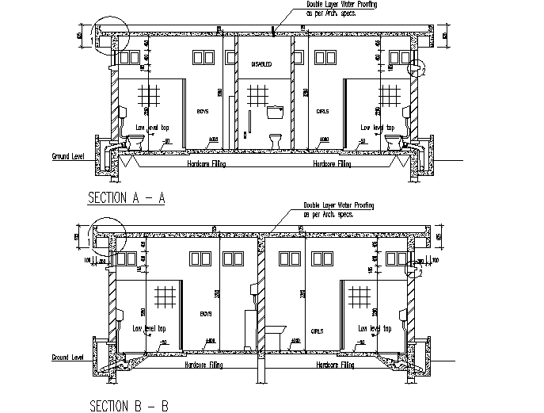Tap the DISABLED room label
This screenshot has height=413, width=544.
pos(261,64)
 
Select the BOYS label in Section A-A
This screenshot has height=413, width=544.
pos(204,113)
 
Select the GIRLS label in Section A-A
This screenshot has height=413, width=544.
pos(322,113)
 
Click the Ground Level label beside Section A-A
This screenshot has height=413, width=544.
pos(67,156)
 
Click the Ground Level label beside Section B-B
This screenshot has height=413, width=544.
pos(67,358)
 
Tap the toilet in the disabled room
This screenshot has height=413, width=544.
pos(276,141)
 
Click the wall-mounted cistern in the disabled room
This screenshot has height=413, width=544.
pos(276,111)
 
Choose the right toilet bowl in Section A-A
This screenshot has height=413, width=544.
pos(392,141)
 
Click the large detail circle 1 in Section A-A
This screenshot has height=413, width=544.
pos(107,34)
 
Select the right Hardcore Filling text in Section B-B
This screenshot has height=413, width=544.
pos(334,365)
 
